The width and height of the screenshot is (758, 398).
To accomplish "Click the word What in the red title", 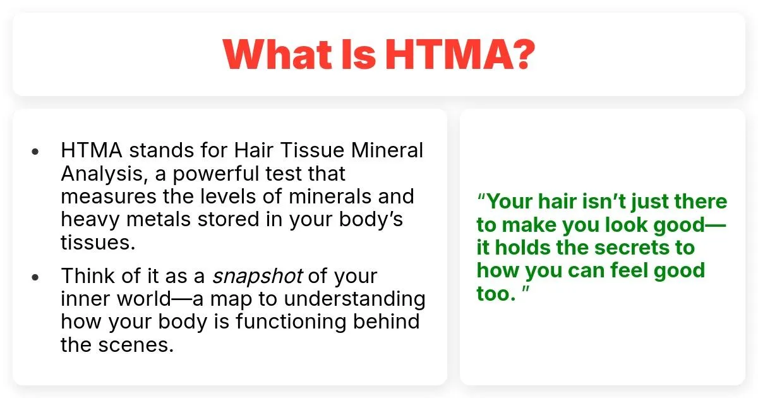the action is [x=277, y=54].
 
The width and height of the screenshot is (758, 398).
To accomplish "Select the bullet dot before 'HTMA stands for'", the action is [x=35, y=151].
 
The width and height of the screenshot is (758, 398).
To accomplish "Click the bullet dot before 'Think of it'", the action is [x=35, y=277].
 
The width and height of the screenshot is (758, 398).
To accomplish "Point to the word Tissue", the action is [x=312, y=150].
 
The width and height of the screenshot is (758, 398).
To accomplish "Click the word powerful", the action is [x=216, y=174].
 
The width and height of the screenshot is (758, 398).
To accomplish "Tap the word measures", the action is [x=109, y=196].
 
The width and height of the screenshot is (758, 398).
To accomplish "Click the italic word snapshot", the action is [x=257, y=277].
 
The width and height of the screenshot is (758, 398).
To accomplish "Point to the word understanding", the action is [x=354, y=299].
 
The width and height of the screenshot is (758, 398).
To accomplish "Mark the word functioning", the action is [x=291, y=322].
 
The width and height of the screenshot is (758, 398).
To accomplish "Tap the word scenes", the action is [x=136, y=345].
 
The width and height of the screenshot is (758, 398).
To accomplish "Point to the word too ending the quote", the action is [x=496, y=293].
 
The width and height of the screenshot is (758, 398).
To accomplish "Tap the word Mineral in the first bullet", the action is [x=387, y=150].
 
